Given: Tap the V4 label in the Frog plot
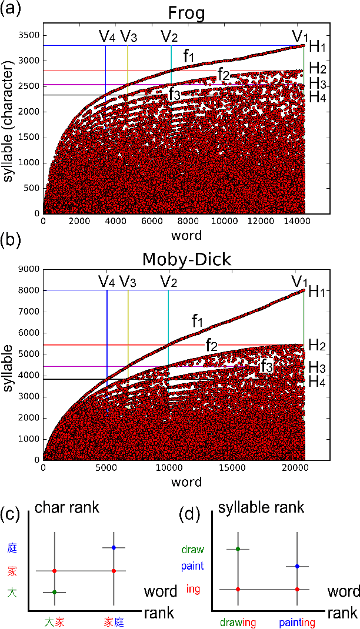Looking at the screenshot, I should (107, 36).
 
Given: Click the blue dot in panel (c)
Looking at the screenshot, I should (114, 547).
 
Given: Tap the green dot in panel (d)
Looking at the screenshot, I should (238, 549).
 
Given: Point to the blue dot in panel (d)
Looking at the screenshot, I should (297, 566).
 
